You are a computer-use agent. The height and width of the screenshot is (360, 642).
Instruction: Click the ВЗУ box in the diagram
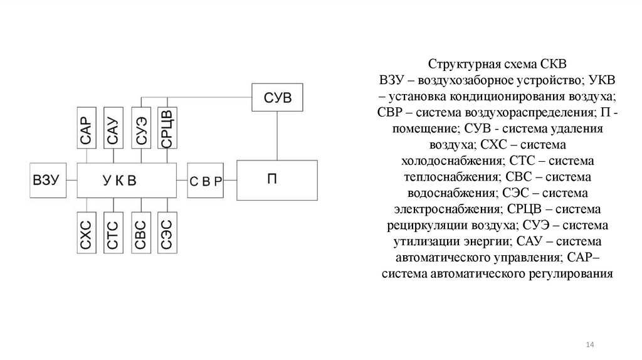pos(46,180)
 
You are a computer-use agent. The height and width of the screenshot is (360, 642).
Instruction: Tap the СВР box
pos(205,180)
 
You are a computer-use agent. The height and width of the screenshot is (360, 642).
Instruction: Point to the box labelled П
pos(271,179)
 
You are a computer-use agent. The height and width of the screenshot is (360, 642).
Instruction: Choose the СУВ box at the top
pos(276,99)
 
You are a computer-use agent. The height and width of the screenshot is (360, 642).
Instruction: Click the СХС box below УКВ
pos(87,233)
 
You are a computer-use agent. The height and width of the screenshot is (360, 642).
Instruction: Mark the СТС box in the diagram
pos(113,233)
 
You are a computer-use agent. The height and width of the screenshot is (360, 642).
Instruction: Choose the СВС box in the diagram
pos(140,233)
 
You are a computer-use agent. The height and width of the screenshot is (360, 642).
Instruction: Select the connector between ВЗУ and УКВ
pos(70,180)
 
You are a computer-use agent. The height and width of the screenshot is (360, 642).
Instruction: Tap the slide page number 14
pos(589,346)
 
